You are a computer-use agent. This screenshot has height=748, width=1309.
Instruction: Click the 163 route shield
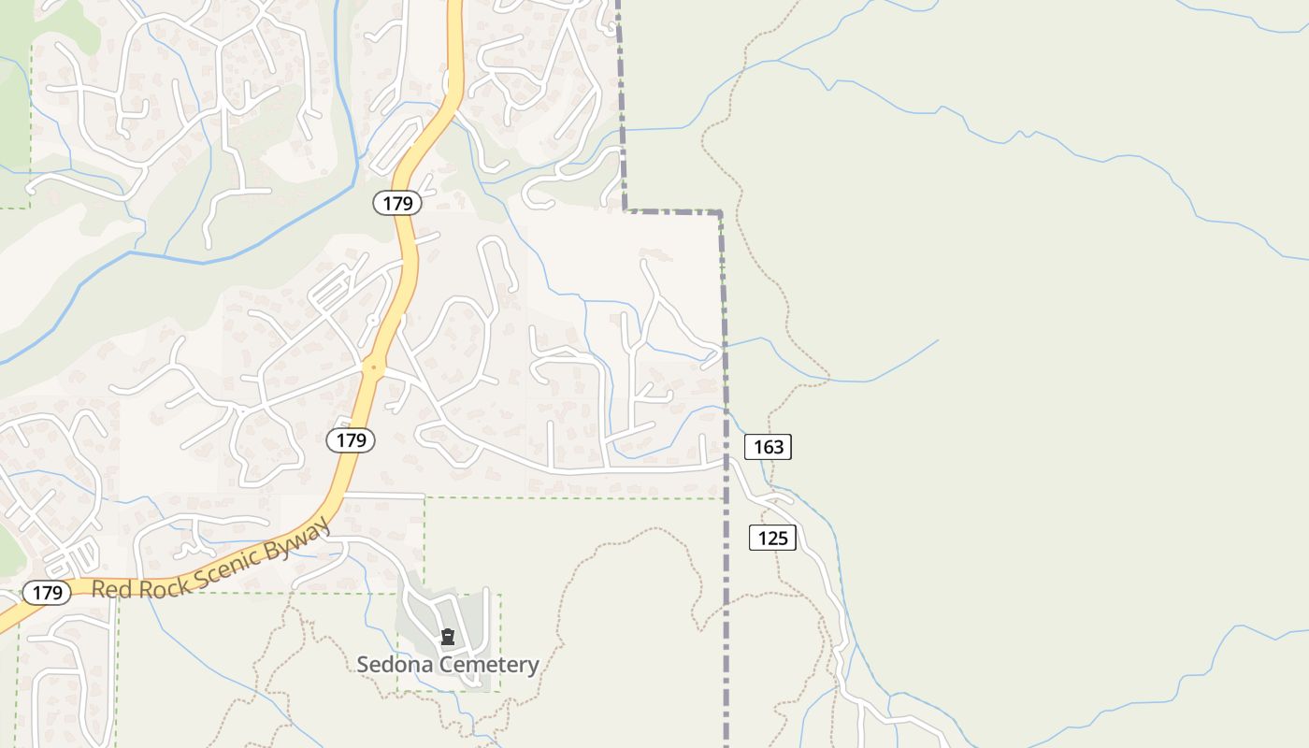click(768, 447)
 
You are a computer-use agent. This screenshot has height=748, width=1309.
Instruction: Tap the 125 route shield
click(772, 538)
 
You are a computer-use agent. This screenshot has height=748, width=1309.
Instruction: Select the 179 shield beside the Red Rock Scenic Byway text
click(46, 593)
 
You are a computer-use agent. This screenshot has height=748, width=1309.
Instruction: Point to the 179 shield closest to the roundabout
click(351, 439)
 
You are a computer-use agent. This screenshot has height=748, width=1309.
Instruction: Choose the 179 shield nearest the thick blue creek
click(397, 203)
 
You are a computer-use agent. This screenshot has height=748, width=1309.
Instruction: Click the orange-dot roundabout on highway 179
click(373, 368)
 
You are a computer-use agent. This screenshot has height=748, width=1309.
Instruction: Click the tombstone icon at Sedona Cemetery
click(448, 638)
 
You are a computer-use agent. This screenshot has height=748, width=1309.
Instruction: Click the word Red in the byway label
click(109, 589)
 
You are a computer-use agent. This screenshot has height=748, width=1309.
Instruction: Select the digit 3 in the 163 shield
click(779, 447)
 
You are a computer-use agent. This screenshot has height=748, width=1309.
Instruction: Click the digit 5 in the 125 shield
click(784, 538)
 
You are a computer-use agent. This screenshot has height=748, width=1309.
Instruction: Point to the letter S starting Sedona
click(363, 665)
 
